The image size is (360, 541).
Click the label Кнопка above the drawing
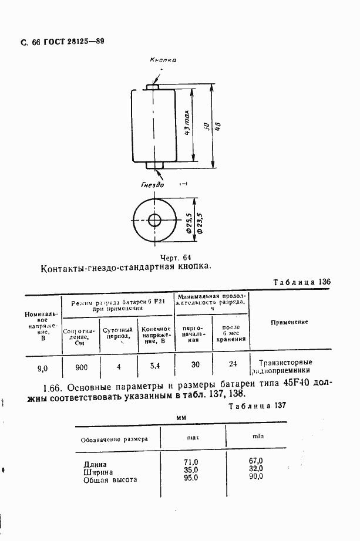coord(163,60)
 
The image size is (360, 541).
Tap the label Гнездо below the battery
coord(153,184)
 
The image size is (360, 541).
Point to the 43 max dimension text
coord(187,124)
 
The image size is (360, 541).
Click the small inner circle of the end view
coord(156,221)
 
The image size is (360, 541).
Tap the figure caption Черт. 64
coord(175,258)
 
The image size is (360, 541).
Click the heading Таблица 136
coord(302,282)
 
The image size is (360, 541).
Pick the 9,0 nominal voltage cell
coord(42,368)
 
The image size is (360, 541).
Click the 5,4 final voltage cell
coord(155,366)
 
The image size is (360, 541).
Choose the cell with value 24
coord(233,364)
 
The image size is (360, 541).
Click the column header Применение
coord(290,322)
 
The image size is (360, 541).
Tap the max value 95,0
coord(191,478)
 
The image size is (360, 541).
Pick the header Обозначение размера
coord(110,438)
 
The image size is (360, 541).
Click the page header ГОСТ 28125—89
coord(72,42)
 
